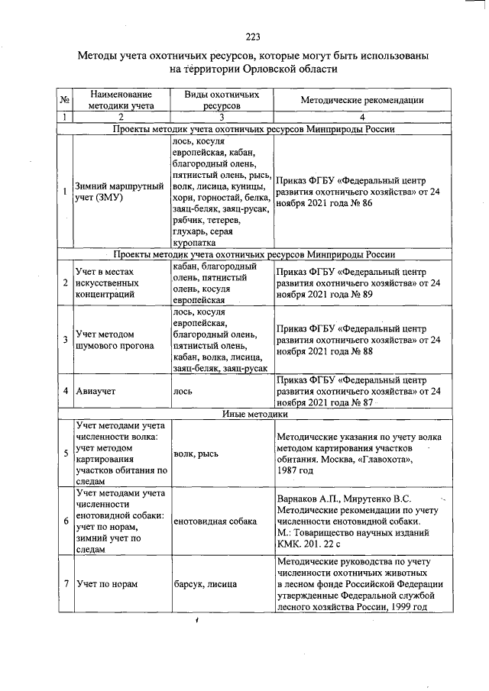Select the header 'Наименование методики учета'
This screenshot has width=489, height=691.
pos(120,100)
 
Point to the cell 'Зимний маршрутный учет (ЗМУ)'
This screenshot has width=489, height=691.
pos(120,192)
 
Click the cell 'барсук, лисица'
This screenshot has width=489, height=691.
pos(206,584)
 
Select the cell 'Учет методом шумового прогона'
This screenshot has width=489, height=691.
pos(114,340)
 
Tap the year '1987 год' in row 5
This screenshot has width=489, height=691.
pos(297,471)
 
